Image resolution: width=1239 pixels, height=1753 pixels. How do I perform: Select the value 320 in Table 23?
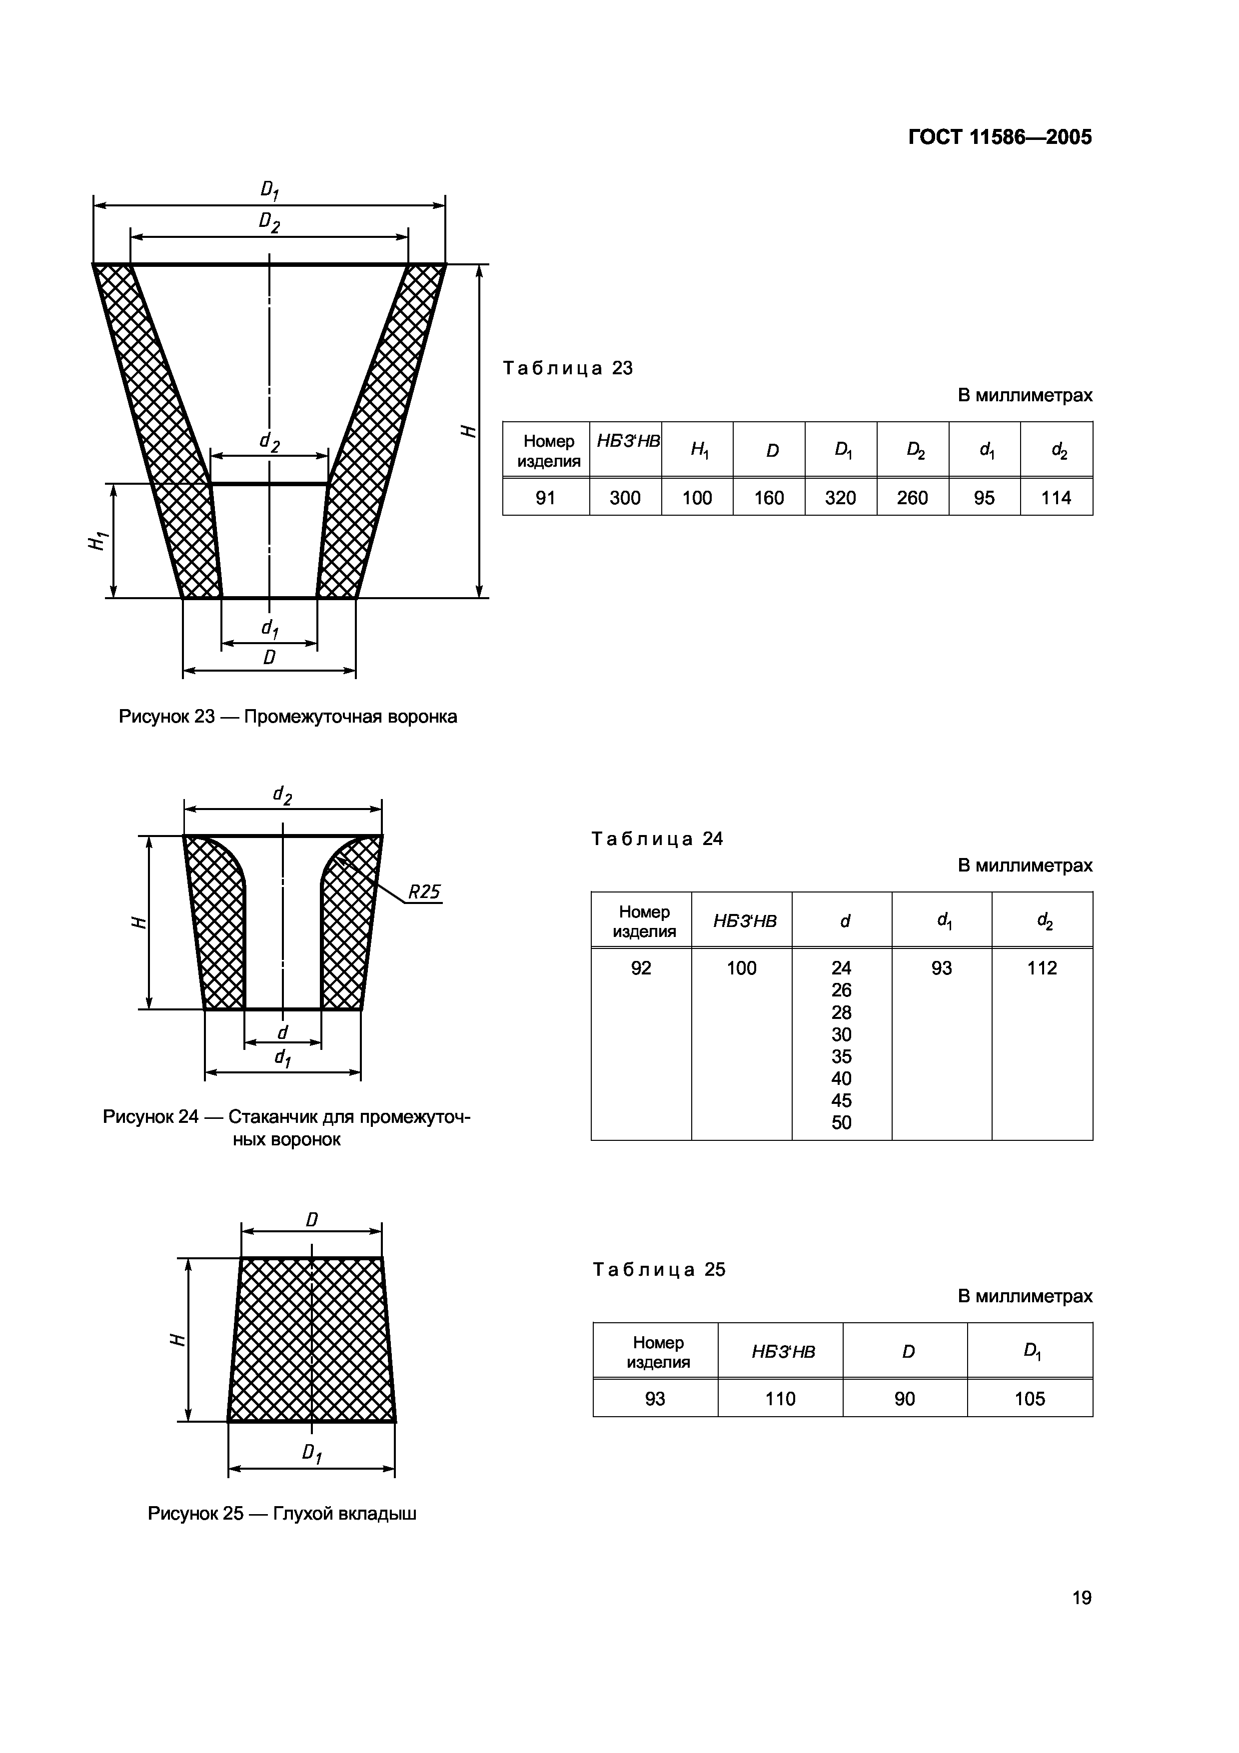click(x=841, y=498)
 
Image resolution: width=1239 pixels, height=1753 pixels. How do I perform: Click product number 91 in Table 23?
click(x=545, y=498)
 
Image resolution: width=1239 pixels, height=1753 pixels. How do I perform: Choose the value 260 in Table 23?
click(x=912, y=498)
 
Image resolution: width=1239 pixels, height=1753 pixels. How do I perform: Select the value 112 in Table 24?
click(x=1041, y=968)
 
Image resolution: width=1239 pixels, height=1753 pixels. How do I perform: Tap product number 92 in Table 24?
click(x=641, y=968)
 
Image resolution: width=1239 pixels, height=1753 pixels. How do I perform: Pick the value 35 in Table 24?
click(x=841, y=1057)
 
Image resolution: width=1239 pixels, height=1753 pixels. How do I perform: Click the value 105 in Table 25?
click(x=1029, y=1399)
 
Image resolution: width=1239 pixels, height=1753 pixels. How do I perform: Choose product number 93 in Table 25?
click(x=655, y=1399)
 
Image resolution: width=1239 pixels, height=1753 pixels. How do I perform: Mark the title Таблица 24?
click(x=657, y=839)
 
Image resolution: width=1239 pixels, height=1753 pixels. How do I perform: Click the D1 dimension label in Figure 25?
click(x=311, y=1454)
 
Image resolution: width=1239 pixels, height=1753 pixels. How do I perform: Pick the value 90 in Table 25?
click(x=905, y=1399)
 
